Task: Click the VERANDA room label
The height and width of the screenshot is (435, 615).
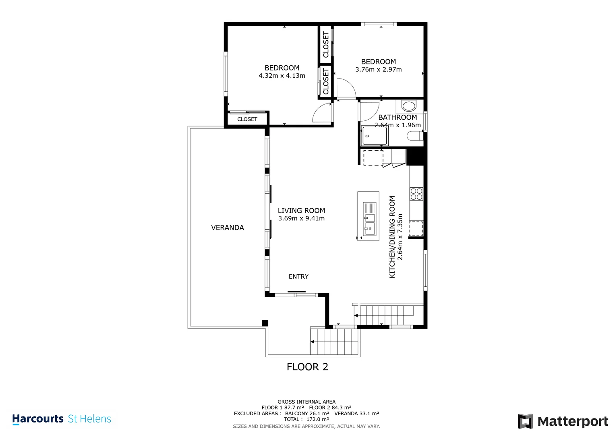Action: coord(227,228)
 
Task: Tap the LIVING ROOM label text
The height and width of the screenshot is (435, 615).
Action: coord(301,211)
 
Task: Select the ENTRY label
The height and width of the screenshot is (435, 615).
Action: coord(298,277)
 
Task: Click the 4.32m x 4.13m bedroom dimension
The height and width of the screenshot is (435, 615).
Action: coord(282,76)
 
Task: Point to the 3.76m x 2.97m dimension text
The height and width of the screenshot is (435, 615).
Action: coord(378,69)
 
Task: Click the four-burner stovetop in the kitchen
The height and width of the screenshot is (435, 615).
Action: coord(416,194)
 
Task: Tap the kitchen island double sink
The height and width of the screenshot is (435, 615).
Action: coord(370,219)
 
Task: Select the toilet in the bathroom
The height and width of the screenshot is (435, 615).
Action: coord(415,136)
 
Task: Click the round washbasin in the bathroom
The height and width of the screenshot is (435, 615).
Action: coord(409,105)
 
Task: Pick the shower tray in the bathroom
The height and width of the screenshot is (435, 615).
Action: coord(375,136)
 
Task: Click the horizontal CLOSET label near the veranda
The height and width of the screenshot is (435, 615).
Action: coord(247,119)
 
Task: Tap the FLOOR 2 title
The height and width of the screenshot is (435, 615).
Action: coord(307,367)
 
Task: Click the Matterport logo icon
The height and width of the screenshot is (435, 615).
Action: coord(526,421)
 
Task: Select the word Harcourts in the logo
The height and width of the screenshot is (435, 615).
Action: coord(38,419)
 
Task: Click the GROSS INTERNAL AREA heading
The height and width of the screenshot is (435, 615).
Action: coord(306,402)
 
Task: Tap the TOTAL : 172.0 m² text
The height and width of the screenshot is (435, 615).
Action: coord(306,419)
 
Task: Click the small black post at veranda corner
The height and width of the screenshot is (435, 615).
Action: coord(265,323)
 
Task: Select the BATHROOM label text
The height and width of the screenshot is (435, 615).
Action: coord(398,117)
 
